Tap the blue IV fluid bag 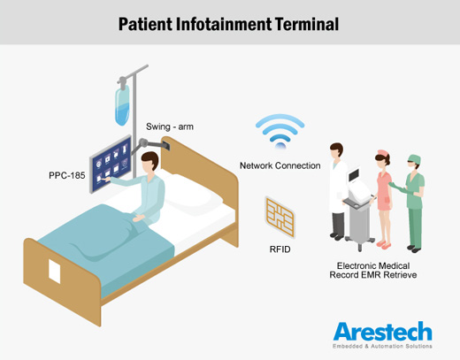[x=122, y=105]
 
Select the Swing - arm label [x=170, y=126]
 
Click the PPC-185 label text [x=67, y=175]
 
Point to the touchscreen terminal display [x=111, y=164]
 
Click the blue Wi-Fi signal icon [x=280, y=131]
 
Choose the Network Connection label [x=280, y=165]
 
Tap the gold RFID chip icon [x=280, y=218]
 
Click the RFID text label [x=280, y=249]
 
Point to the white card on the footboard [x=55, y=272]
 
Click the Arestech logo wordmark [x=383, y=332]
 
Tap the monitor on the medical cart [x=354, y=175]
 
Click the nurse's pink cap [x=383, y=153]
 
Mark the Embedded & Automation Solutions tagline [x=382, y=346]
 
